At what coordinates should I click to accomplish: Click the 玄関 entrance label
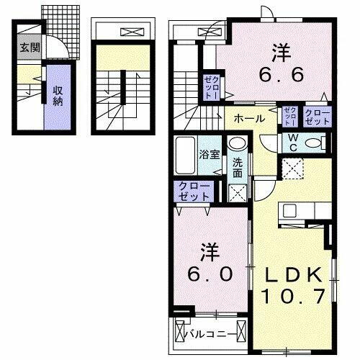[30, 49]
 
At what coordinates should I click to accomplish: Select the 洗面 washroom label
[238, 168]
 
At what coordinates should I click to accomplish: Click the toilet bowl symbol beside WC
[313, 143]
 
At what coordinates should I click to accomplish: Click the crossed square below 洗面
[237, 192]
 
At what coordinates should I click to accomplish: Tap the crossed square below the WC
[292, 169]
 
